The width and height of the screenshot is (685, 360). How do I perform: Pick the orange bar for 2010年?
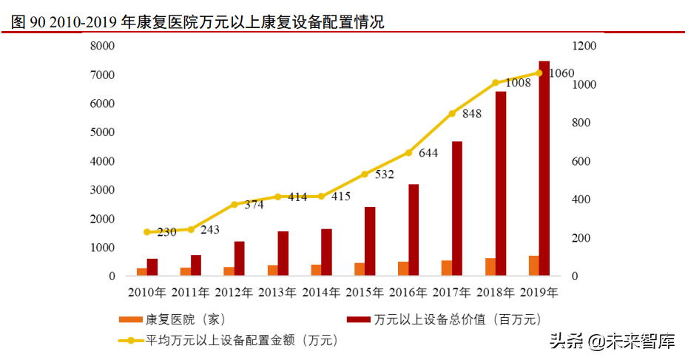pyautogui.click(x=141, y=272)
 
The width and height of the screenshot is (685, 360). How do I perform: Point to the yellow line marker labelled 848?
pyautogui.click(x=452, y=113)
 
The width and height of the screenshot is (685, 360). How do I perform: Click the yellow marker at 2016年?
pyautogui.click(x=408, y=153)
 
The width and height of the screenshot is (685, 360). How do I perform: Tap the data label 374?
pyautogui.click(x=254, y=205)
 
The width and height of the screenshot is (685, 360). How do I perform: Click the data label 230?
pyautogui.click(x=166, y=231)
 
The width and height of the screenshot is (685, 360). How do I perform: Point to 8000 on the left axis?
pyautogui.click(x=102, y=46)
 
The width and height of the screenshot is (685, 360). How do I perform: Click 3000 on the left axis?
pyautogui.click(x=102, y=190)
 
